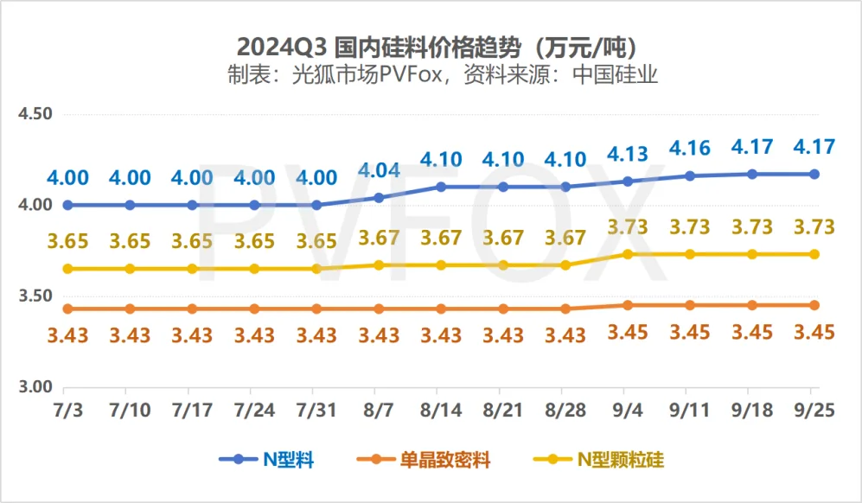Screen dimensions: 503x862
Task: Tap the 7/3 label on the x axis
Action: [67, 408]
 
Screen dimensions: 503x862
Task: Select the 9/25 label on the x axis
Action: [814, 408]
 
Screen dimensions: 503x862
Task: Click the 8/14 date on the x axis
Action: [441, 408]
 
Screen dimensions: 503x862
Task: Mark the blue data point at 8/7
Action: [379, 198]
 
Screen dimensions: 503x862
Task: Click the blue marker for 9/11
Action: [690, 175]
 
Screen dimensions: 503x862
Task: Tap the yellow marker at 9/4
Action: [628, 254]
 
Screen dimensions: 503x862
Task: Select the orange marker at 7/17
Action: [192, 309]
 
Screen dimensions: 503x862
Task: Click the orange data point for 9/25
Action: [814, 305]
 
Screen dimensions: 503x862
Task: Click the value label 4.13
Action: [628, 155]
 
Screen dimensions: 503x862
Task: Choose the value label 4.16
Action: [690, 149]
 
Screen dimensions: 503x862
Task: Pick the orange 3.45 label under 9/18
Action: [752, 332]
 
